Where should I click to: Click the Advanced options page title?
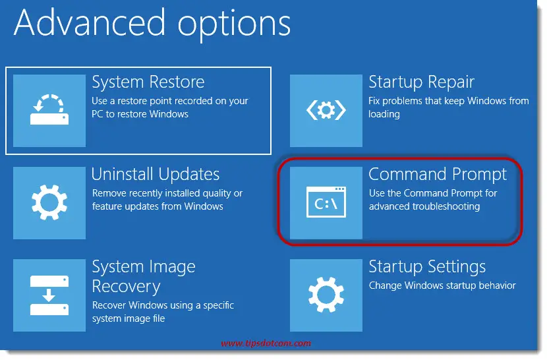(152, 23)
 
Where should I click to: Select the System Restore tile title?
(148, 82)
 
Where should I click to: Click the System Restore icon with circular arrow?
(49, 110)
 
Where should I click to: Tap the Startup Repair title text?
(421, 82)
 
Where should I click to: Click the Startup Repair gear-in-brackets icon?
(326, 110)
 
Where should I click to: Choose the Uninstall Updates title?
(156, 175)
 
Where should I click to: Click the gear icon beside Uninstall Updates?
(49, 202)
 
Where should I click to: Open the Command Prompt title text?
(438, 175)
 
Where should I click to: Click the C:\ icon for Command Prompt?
(326, 203)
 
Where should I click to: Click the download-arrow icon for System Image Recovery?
(49, 295)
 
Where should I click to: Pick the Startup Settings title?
(427, 267)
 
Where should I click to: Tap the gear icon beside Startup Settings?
(326, 295)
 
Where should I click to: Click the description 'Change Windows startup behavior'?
(442, 285)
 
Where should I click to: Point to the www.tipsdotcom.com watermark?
(266, 344)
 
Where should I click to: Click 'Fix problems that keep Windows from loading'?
(448, 107)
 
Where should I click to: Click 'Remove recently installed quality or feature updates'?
(167, 200)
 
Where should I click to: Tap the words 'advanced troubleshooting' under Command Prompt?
(424, 206)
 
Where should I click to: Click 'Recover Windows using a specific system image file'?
(163, 312)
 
